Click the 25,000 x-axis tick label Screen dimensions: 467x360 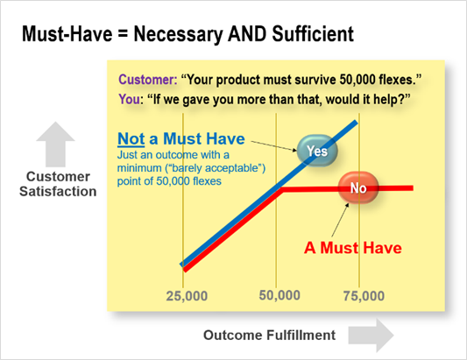tap(187, 296)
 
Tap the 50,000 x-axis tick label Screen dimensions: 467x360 tap(279, 295)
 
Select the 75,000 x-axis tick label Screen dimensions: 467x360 tap(364, 296)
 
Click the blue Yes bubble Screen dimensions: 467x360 tap(317, 151)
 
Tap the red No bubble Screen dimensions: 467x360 tap(358, 188)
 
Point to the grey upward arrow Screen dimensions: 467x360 tap(55, 145)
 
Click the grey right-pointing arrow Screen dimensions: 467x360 tap(371, 335)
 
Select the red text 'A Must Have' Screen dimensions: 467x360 tap(353, 248)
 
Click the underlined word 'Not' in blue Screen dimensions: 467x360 tap(131, 138)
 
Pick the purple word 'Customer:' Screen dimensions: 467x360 tap(148, 80)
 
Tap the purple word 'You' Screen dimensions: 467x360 tap(129, 100)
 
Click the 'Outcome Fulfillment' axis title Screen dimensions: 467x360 tap(269, 335)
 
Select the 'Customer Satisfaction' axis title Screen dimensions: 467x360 tap(58, 184)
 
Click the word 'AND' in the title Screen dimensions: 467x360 tap(247, 33)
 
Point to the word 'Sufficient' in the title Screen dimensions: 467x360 tap(313, 33)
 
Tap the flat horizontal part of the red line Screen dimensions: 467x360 tap(347, 188)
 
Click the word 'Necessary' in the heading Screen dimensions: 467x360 tap(178, 34)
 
